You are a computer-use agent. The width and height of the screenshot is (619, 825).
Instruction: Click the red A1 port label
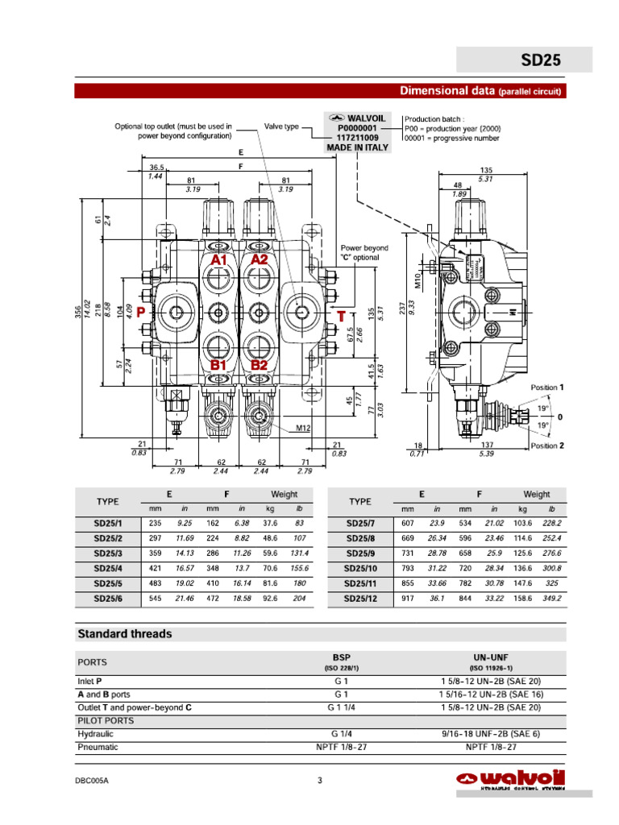219,260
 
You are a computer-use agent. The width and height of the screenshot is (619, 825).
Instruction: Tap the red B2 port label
259,365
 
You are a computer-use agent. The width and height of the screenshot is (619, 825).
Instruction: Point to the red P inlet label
141,312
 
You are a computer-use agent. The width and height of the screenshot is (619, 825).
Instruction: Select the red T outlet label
342,317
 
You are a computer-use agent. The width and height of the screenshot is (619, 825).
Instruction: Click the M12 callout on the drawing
302,429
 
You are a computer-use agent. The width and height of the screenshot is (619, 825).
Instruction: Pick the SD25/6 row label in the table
107,599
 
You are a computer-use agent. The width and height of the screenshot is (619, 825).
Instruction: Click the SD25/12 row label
360,599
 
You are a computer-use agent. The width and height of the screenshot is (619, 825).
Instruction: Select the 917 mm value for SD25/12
408,599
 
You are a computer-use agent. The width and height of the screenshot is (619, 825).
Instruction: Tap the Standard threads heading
125,634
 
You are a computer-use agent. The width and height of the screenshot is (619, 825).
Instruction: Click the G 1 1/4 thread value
342,707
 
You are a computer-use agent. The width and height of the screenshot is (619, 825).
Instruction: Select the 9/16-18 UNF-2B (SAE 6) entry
490,734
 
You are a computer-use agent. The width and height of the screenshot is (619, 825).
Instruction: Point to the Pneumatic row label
98,747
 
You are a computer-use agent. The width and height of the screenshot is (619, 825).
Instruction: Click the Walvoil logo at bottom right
511,780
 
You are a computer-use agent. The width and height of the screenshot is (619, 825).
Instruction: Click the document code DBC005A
92,780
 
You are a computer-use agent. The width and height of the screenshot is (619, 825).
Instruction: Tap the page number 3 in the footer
320,780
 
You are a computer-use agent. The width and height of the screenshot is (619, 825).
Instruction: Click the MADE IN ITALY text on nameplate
357,147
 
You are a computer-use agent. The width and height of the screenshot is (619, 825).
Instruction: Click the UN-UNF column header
490,657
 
